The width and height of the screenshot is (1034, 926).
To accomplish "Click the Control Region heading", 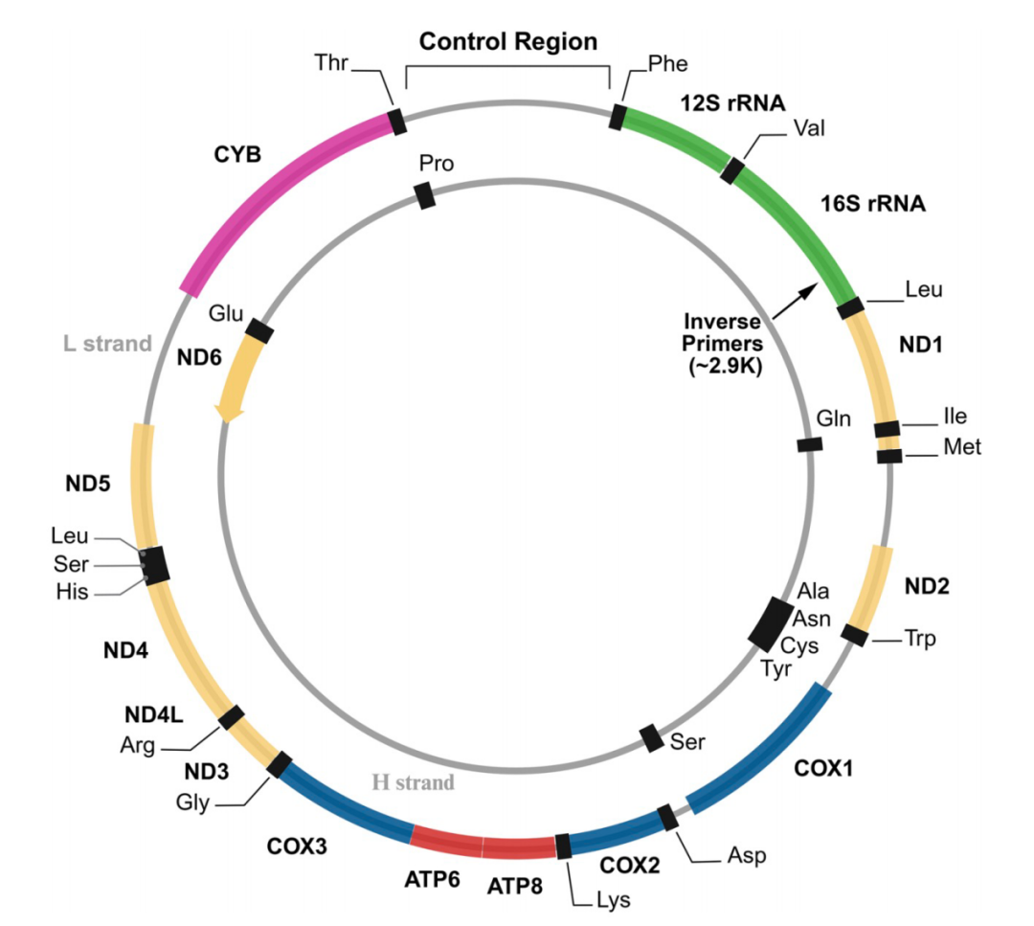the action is click(507, 41).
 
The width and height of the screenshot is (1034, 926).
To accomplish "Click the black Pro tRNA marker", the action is click(425, 195).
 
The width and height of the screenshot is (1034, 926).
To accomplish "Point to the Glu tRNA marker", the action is click(259, 331).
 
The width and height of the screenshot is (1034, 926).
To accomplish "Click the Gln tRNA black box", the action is click(810, 444).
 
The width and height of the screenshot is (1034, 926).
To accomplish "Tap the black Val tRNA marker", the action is click(732, 170).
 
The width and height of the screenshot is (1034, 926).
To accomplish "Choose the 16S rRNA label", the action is click(872, 204).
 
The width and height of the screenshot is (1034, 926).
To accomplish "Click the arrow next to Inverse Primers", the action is click(796, 302).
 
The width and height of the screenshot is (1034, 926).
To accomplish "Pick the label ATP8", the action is click(514, 887).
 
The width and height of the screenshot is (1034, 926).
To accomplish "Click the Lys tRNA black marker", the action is click(563, 847).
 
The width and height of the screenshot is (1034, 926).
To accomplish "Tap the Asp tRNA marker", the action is click(668, 817).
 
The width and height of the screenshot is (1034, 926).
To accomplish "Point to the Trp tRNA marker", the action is click(855, 635).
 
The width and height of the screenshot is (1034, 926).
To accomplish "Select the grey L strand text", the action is click(107, 344).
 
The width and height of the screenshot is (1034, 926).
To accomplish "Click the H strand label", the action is click(414, 782).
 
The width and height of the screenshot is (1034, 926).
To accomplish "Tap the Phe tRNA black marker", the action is click(618, 116).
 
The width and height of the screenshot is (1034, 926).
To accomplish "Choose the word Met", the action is click(962, 447).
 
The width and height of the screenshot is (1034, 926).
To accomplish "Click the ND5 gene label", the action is click(88, 484).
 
